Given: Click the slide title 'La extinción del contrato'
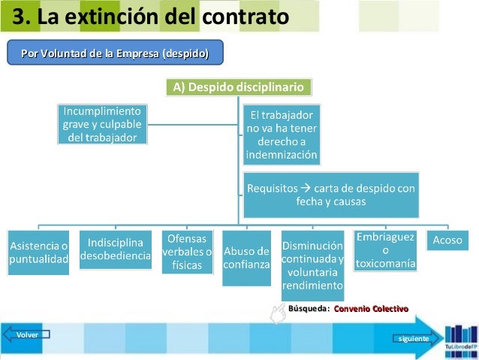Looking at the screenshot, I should point(150,16).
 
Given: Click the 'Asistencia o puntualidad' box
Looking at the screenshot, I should point(38,252).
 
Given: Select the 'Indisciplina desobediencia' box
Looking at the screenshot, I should point(116,250).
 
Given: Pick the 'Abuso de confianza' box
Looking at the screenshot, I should point(246,258).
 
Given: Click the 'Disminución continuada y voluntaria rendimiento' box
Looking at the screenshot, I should point(313,265).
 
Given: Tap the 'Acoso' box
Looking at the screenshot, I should point(448,241).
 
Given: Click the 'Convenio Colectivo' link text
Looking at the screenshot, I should point(371,309).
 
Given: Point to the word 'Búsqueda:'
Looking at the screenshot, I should point(309,309).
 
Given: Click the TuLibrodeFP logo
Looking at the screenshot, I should point(460,337).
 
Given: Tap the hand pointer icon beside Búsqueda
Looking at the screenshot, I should point(277,313).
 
